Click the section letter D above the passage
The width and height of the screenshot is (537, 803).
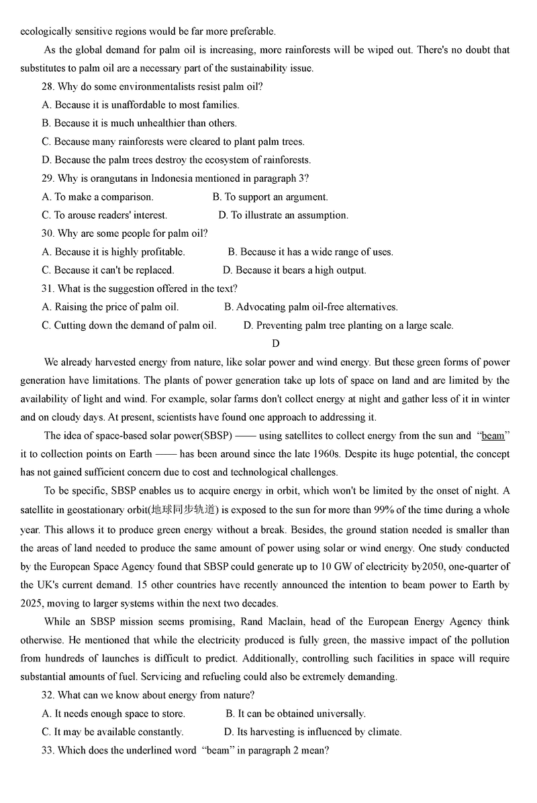(x=275, y=344)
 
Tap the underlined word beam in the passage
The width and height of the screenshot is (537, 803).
(x=493, y=436)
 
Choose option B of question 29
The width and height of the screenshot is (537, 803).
(x=270, y=197)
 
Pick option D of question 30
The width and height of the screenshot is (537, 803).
(x=295, y=270)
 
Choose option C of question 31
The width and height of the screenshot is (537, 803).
(x=129, y=325)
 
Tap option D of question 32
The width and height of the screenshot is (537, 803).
(x=313, y=732)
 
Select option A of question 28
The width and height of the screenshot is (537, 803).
(x=140, y=105)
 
